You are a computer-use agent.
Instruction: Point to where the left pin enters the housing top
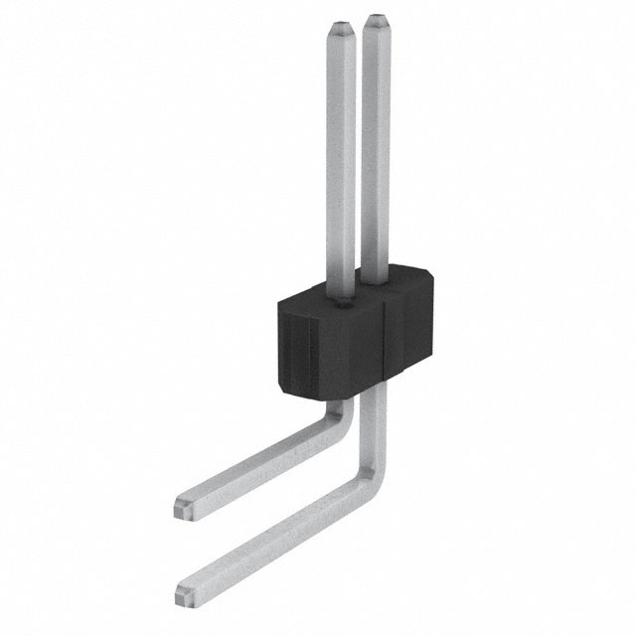click(x=339, y=294)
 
